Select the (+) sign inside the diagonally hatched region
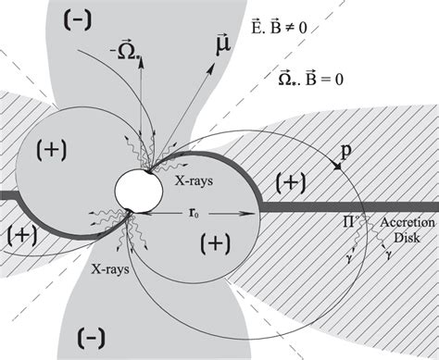(x=291, y=183)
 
